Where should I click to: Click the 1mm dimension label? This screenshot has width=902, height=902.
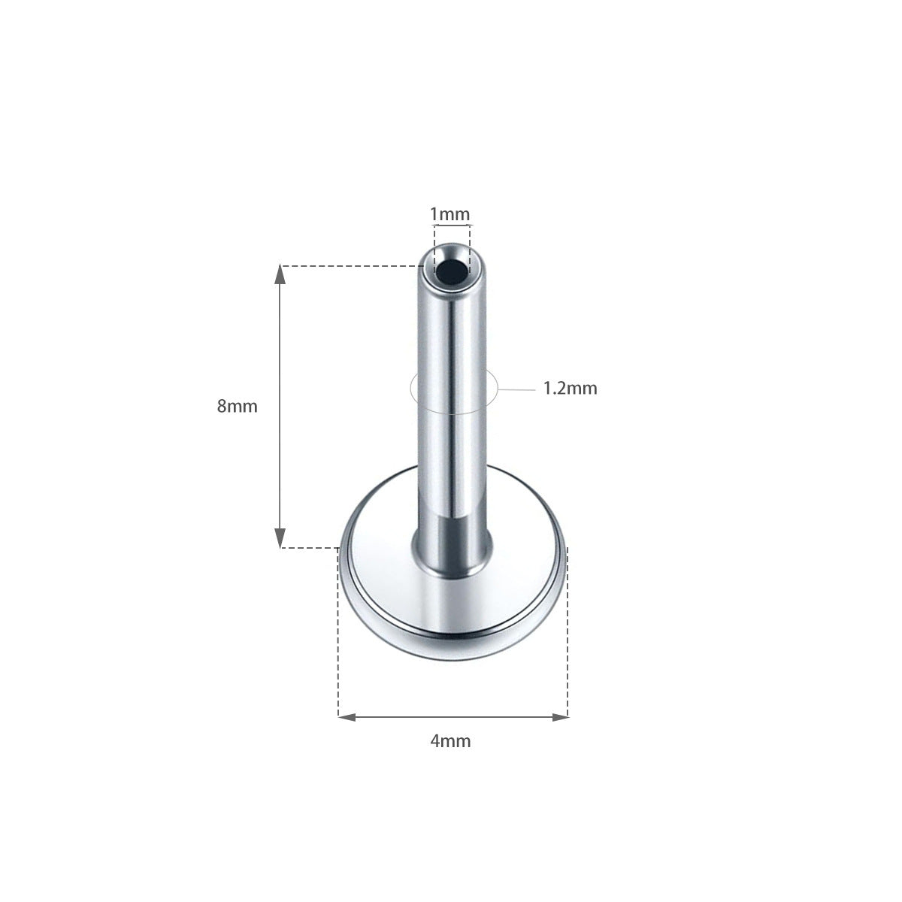click(449, 214)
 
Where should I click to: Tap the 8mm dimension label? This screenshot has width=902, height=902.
click(238, 407)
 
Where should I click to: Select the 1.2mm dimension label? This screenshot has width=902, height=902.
click(570, 389)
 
